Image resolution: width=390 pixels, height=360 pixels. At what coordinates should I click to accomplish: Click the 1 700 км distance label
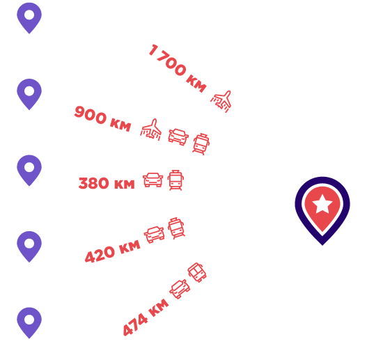pos(177,68)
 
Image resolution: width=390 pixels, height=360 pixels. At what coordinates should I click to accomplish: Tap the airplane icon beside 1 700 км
pos(221,101)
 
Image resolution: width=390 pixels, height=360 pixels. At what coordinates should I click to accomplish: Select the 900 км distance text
pos(102,118)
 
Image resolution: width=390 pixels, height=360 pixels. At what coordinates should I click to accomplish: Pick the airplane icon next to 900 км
pos(151,130)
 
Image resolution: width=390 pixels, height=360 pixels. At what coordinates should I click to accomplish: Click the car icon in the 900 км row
pos(178,136)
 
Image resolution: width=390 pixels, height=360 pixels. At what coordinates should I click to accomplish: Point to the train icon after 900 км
pos(201,144)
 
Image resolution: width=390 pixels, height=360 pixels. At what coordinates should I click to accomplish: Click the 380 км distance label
pos(107,183)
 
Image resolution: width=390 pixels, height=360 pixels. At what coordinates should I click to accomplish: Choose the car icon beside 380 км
pos(153,180)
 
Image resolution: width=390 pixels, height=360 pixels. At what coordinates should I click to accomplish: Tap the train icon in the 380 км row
pos(175,180)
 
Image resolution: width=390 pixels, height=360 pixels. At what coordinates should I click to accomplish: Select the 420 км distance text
pos(112,251)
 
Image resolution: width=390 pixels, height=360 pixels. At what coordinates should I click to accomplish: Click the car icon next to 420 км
pos(154,235)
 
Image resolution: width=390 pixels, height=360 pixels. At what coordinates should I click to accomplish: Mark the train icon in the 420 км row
pos(176,228)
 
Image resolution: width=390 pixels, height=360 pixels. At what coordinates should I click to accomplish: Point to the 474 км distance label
pos(146,318)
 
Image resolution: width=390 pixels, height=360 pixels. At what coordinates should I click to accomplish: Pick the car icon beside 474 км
pos(180,289)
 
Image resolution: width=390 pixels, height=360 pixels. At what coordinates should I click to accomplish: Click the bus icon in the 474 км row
pos(196,272)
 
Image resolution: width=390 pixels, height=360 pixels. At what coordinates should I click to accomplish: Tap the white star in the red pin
pos(322,204)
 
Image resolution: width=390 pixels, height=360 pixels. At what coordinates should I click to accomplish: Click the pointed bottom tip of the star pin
pos(322,245)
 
